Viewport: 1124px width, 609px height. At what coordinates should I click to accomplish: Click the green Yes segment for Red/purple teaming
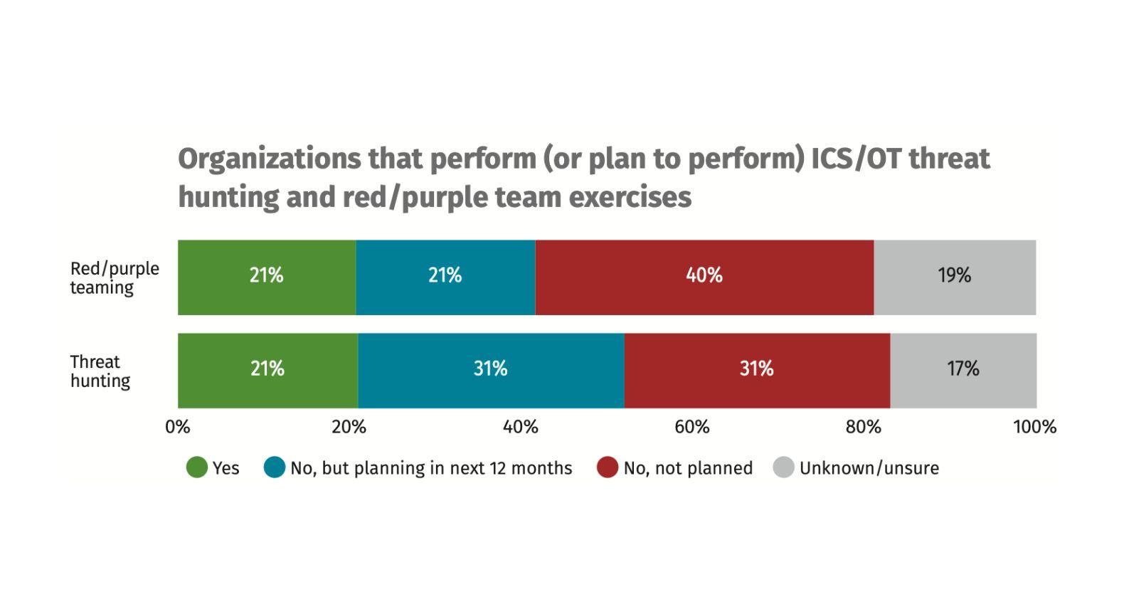267,277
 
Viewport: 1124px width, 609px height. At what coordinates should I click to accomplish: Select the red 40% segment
704,277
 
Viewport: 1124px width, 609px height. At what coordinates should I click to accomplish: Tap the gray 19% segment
955,277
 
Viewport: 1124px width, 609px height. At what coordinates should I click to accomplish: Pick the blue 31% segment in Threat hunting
491,370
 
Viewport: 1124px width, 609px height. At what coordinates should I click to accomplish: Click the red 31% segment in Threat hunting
756,370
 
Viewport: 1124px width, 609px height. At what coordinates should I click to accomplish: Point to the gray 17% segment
963,370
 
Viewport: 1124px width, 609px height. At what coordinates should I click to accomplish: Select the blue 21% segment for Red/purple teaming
445,277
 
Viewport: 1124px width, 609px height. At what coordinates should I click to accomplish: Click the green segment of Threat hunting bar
267,370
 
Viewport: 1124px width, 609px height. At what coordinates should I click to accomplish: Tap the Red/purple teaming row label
114,278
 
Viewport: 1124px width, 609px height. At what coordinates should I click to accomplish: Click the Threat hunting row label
100,371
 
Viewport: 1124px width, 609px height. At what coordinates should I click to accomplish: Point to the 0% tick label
178,427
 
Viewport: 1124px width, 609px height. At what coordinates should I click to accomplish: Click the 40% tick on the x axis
521,427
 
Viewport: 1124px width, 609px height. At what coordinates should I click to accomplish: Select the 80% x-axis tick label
864,427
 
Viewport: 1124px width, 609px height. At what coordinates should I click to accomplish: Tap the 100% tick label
1035,427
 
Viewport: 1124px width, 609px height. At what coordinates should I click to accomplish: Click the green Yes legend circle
197,467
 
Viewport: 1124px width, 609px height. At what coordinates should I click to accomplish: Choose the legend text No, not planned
687,468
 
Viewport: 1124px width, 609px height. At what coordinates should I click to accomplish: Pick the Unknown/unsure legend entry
869,468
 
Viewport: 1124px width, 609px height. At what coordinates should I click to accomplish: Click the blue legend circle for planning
275,467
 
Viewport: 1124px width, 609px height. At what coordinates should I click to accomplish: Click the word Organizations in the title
269,159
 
